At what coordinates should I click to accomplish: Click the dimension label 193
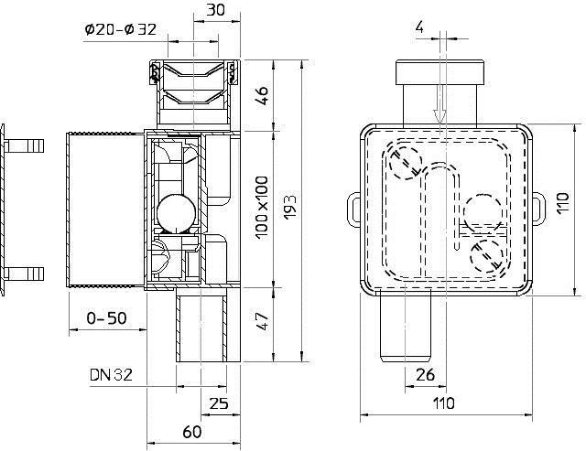tap(290, 208)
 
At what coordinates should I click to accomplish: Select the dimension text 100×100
tap(262, 209)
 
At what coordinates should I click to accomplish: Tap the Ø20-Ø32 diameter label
tap(120, 29)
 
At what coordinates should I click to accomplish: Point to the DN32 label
tap(111, 374)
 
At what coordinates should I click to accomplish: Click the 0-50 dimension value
tap(106, 318)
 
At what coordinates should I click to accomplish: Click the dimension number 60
tap(192, 432)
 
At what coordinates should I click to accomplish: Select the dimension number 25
tap(219, 403)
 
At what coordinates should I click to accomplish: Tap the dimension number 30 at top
tap(216, 10)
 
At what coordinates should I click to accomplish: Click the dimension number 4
tap(419, 27)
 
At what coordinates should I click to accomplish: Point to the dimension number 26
tap(425, 375)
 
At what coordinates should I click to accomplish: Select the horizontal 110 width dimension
tap(443, 403)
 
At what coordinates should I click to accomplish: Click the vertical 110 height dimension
tap(563, 203)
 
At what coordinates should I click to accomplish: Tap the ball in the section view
tap(176, 214)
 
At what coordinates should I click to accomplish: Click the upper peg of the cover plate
tap(25, 145)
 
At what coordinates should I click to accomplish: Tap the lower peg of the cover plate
tap(25, 274)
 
